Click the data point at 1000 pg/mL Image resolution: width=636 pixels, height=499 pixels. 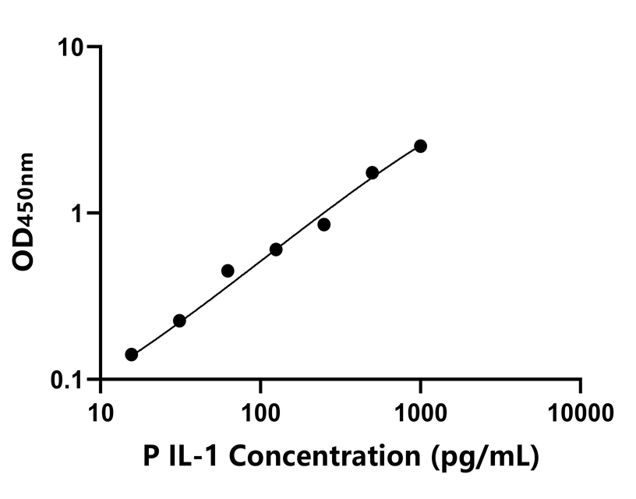(420, 146)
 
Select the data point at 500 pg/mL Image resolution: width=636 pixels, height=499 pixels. (373, 172)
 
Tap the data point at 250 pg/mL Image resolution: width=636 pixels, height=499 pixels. (323, 225)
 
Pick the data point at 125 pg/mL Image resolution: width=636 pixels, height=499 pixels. (276, 249)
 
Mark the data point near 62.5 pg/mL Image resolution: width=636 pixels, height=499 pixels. (228, 271)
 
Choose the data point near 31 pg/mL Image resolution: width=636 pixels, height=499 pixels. (179, 320)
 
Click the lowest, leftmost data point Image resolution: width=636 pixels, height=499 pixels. (131, 355)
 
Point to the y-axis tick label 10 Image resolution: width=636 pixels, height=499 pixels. (72, 48)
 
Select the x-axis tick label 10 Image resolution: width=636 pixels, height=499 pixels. (100, 409)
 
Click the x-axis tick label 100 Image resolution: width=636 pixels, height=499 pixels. (260, 409)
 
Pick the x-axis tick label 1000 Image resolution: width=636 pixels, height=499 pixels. (420, 409)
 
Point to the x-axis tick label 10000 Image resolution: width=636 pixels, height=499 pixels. (580, 409)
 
